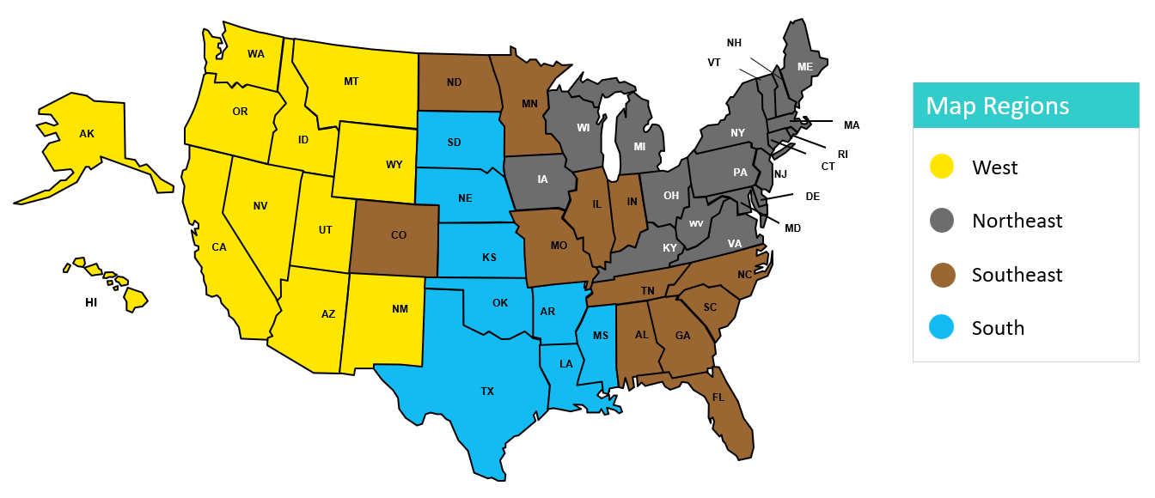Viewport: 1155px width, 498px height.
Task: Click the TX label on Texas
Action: click(487, 392)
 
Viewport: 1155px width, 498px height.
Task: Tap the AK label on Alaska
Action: click(87, 134)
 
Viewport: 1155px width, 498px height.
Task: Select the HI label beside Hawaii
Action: click(91, 303)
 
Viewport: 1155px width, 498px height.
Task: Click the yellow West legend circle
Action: click(942, 167)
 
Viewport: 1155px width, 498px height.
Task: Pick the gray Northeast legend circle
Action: click(942, 221)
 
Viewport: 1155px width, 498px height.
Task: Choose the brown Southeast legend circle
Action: click(942, 275)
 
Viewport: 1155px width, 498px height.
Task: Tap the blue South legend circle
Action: click(942, 328)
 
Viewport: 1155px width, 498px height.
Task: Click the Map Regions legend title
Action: click(997, 106)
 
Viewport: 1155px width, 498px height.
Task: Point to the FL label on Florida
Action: click(718, 398)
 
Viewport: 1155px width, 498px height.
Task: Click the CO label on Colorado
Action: click(399, 235)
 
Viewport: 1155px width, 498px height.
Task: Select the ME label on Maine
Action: click(805, 67)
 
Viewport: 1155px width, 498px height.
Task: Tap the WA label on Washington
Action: click(256, 54)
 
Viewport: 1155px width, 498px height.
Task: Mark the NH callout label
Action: click(734, 43)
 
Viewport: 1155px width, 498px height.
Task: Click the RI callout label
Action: click(843, 155)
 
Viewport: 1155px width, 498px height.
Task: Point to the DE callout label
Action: click(812, 197)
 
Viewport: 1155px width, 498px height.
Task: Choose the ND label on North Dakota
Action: click(454, 83)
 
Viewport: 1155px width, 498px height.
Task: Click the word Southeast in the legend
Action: click(1017, 275)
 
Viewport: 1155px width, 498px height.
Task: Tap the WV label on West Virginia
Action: click(696, 224)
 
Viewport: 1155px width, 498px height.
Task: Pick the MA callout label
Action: click(851, 125)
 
